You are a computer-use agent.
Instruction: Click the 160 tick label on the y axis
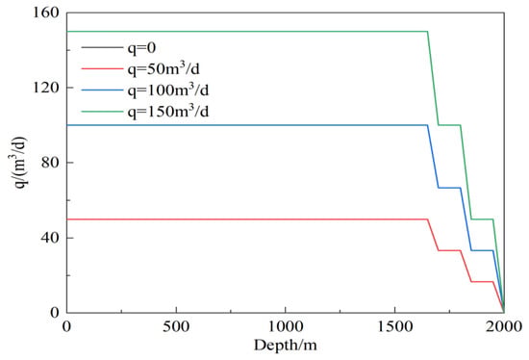pyautogui.click(x=45, y=13)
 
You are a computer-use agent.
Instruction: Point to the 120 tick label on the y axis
pyautogui.click(x=45, y=88)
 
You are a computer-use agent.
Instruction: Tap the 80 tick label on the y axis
pyautogui.click(x=50, y=163)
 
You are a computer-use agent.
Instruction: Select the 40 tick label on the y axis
pyautogui.click(x=50, y=238)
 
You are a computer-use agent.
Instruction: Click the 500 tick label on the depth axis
pyautogui.click(x=176, y=326)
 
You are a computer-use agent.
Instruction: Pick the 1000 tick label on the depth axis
pyautogui.click(x=286, y=326)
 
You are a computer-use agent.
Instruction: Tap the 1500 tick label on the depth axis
pyautogui.click(x=394, y=326)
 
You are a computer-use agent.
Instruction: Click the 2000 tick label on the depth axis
pyautogui.click(x=504, y=326)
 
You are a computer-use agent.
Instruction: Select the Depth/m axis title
pyautogui.click(x=286, y=346)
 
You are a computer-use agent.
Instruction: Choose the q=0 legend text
pyautogui.click(x=141, y=48)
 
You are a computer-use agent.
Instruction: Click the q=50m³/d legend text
pyautogui.click(x=164, y=69)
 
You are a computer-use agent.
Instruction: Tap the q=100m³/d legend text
pyautogui.click(x=168, y=90)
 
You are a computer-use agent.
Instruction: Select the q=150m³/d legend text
pyautogui.click(x=168, y=111)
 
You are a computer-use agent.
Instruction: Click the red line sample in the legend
pyautogui.click(x=102, y=69)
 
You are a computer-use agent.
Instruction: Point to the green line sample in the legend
pyautogui.click(x=102, y=111)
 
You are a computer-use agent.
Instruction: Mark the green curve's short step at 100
pyautogui.click(x=449, y=125)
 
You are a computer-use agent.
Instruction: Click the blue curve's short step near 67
pyautogui.click(x=449, y=188)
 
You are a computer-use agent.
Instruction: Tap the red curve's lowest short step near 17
pyautogui.click(x=482, y=282)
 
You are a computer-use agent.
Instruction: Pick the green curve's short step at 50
pyautogui.click(x=482, y=219)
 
